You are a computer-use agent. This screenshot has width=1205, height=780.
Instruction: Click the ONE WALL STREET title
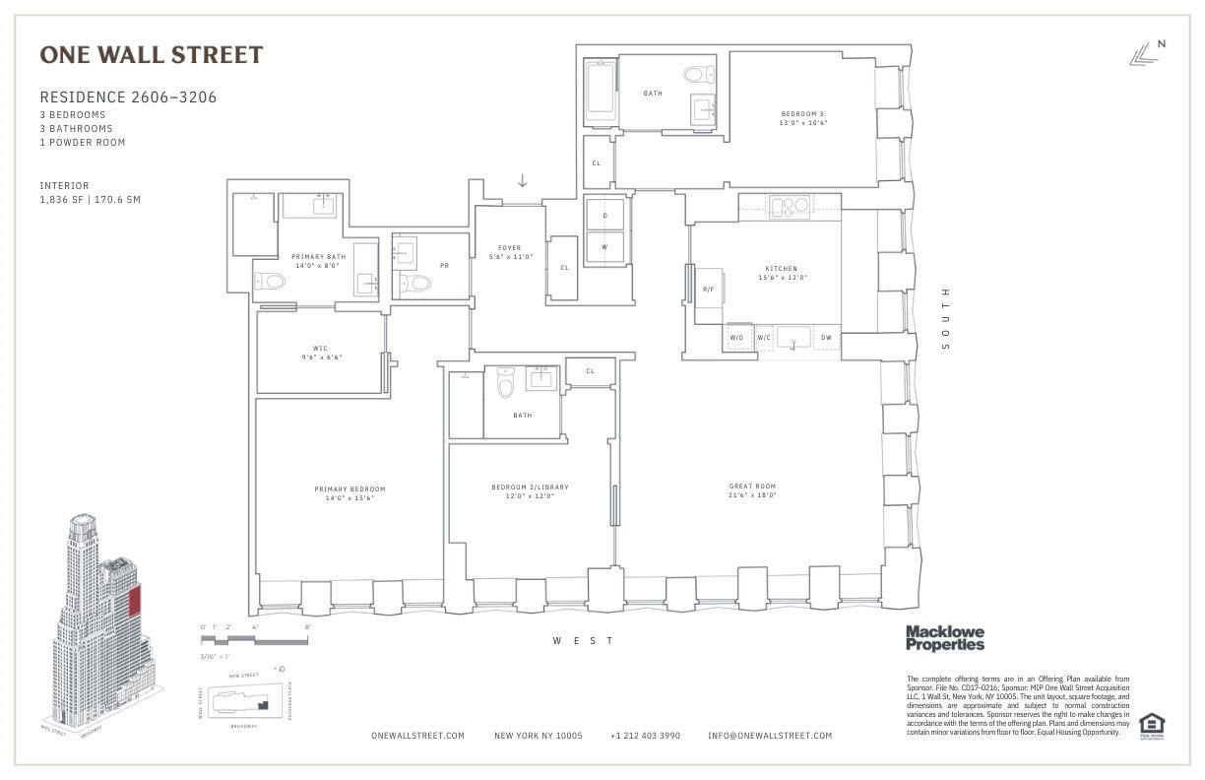152,55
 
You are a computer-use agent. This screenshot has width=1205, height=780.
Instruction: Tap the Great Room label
752,490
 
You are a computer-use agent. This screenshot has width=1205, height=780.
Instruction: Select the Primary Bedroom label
349,493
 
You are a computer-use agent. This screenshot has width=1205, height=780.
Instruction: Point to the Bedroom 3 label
803,118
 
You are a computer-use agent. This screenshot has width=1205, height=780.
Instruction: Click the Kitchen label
781,273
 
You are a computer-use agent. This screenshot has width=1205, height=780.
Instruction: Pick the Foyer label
509,252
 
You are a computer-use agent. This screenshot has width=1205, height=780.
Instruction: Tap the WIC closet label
320,352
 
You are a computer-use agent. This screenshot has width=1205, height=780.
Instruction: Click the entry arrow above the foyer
523,180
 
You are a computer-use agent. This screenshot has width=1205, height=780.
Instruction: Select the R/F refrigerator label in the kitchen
708,290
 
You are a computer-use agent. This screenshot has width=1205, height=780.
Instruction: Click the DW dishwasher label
826,338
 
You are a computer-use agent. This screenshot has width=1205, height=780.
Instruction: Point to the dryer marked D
604,214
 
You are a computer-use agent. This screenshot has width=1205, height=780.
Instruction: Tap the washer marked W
604,247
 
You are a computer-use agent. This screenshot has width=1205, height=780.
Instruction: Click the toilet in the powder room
419,284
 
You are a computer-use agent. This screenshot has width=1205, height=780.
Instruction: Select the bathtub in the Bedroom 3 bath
600,95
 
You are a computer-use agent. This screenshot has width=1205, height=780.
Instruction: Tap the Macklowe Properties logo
944,638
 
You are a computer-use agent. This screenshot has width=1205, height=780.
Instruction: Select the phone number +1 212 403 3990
645,736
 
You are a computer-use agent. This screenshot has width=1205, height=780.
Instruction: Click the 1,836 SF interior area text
90,200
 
